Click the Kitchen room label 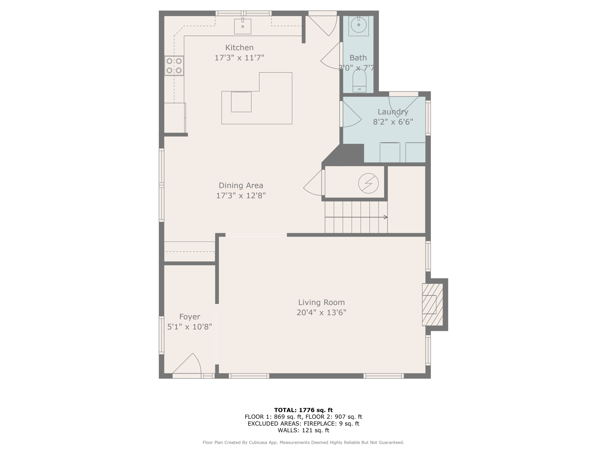click(x=239, y=48)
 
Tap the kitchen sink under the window click(x=243, y=26)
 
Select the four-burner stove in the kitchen click(x=174, y=66)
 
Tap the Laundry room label click(x=393, y=112)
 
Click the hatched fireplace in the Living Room click(x=432, y=304)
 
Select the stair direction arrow click(x=356, y=217)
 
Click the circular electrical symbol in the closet click(x=368, y=183)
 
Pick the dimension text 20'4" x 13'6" click(x=321, y=313)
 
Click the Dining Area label click(x=241, y=185)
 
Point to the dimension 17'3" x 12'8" click(x=241, y=196)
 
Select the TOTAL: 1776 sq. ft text click(x=303, y=410)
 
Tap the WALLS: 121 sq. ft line click(x=303, y=430)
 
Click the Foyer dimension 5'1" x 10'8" click(x=190, y=327)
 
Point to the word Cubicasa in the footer click(x=259, y=442)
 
